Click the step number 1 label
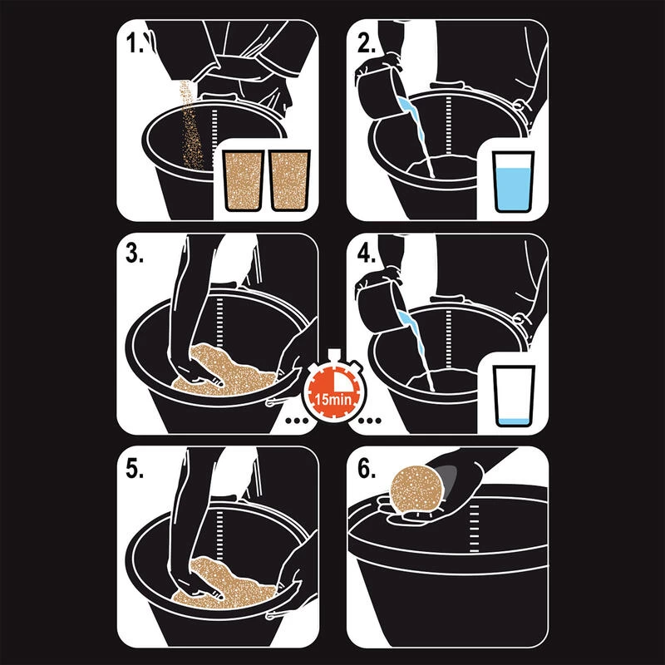135,43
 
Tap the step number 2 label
366,43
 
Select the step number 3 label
135,254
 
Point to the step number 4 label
366,254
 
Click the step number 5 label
135,469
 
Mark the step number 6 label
366,469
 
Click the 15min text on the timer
332,400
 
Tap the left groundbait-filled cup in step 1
244,180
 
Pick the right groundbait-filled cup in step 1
289,180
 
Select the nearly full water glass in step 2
513,181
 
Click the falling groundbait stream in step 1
190,126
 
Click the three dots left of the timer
297,421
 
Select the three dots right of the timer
369,421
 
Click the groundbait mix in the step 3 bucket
222,370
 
